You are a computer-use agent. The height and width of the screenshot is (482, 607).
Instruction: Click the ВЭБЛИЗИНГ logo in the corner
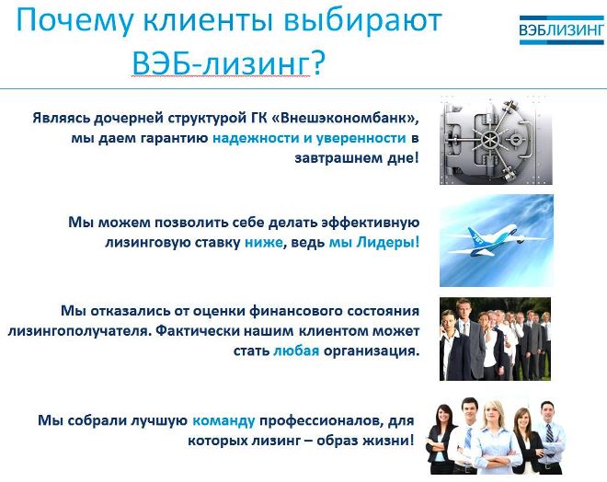561,29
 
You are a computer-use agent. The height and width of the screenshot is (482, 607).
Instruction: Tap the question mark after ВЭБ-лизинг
317,63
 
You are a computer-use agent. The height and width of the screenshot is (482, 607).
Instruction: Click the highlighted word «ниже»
263,242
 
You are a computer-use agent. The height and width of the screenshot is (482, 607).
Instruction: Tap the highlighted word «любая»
296,350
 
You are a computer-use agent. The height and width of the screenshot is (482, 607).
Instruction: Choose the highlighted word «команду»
223,420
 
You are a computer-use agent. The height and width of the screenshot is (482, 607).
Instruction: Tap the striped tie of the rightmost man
549,433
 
